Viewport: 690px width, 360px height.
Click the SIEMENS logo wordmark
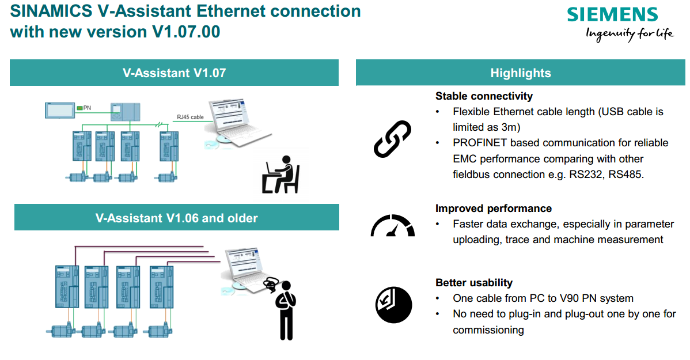pos(612,14)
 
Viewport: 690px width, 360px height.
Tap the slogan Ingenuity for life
pos(629,33)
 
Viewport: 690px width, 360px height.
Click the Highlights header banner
pos(520,73)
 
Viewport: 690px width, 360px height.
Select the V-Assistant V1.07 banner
pos(174,73)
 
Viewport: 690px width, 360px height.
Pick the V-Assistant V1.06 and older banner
pos(176,218)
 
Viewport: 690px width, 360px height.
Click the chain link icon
pos(392,139)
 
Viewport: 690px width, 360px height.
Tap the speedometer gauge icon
pos(392,226)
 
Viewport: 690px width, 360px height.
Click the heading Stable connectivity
pos(484,96)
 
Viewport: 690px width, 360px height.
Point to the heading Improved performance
pos(493,209)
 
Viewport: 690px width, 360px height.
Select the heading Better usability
pos(473,283)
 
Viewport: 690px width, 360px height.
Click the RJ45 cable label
pos(190,118)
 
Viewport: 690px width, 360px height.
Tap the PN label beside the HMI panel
pos(87,108)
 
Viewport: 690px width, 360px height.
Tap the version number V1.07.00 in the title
pos(186,32)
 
